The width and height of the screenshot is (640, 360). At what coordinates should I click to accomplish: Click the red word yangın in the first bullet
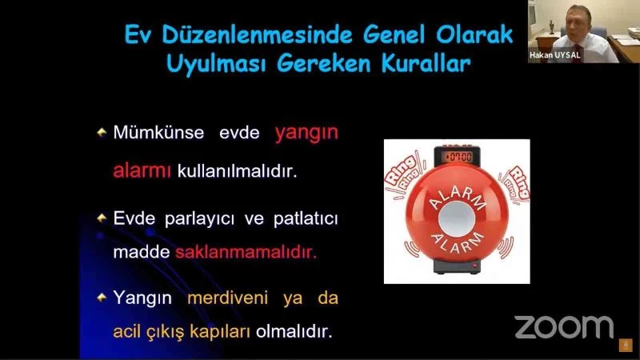pyautogui.click(x=306, y=134)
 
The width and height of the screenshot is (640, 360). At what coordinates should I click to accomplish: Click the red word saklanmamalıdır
pyautogui.click(x=246, y=251)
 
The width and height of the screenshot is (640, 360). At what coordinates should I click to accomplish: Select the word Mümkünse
pyautogui.click(x=158, y=133)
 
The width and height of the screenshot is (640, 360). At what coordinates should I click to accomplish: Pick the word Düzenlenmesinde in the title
pyautogui.click(x=256, y=35)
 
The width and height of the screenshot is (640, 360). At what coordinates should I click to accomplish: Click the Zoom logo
pyautogui.click(x=563, y=326)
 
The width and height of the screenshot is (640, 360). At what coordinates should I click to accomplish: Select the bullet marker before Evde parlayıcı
pyautogui.click(x=102, y=218)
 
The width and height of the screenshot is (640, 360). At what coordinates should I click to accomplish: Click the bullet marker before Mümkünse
pyautogui.click(x=102, y=132)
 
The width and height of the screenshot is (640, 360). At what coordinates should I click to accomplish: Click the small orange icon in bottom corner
pyautogui.click(x=626, y=345)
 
